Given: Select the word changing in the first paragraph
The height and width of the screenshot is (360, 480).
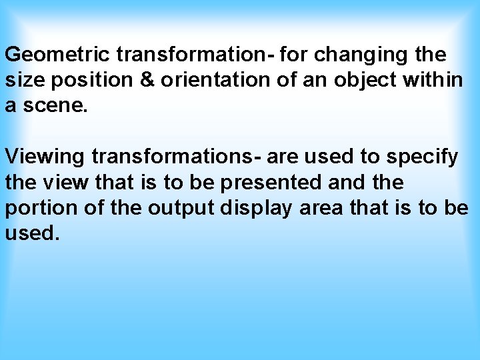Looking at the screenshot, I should tap(351, 54).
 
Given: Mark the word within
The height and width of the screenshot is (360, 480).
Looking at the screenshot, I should tap(433, 80).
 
